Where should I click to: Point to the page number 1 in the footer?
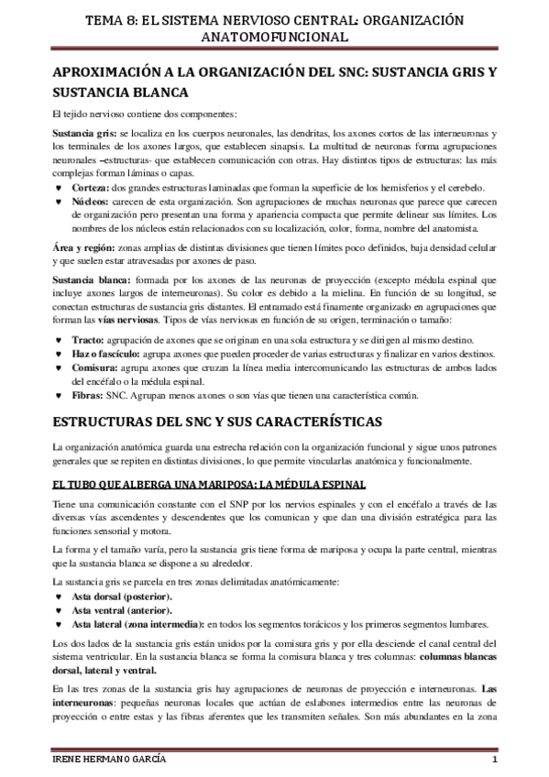pos(494,762)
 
